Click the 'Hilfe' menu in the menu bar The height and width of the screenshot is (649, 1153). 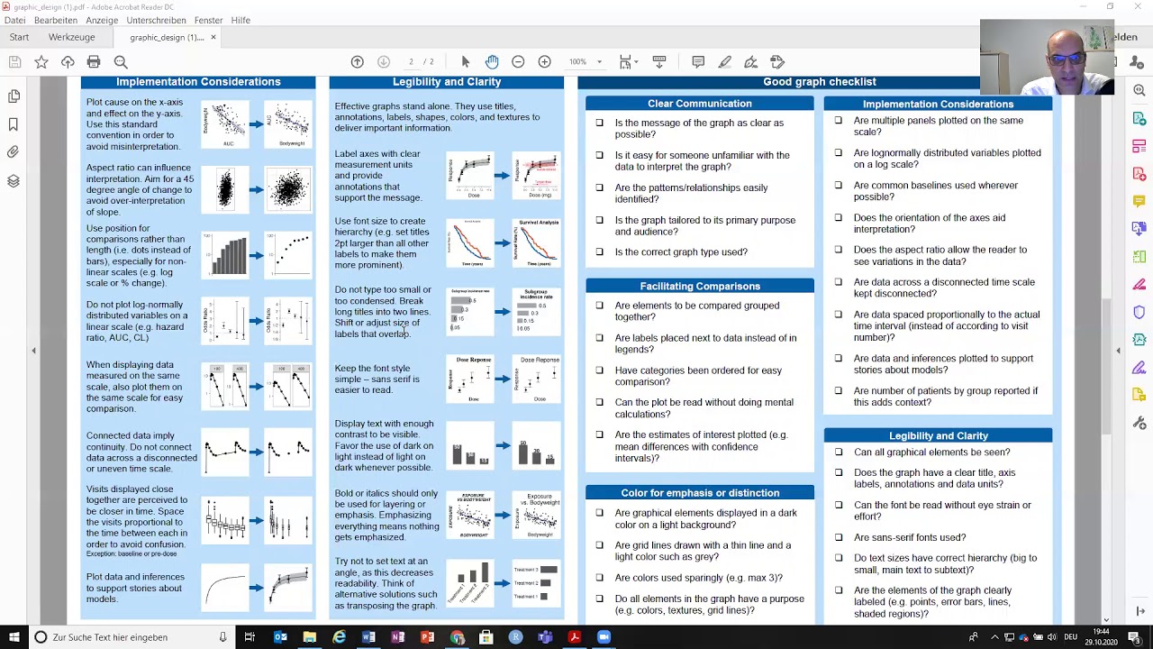pos(241,20)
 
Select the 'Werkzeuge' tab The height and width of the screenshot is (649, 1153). pos(71,37)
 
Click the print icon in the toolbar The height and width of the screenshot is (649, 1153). pos(94,61)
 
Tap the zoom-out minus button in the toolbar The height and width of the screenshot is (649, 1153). pos(518,61)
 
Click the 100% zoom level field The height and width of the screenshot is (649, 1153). pos(578,61)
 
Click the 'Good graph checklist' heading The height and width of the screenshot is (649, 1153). pos(819,82)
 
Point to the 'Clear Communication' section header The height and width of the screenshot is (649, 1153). pos(699,104)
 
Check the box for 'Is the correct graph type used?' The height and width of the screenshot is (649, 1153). pos(599,252)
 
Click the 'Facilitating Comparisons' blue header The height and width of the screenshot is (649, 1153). pos(699,286)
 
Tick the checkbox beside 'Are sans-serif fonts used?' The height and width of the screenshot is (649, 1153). pos(839,537)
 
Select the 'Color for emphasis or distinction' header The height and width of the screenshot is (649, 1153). pos(699,493)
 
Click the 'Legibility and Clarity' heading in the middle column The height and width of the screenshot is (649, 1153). pos(446,82)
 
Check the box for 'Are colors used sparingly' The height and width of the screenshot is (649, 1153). pos(599,578)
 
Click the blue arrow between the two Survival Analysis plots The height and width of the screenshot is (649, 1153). pos(503,242)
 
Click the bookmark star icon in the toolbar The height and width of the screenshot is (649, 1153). pos(41,61)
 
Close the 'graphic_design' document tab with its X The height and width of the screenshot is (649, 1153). pos(213,37)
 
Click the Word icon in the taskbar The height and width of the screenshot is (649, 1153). pos(368,637)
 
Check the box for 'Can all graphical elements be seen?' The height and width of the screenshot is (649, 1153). pos(839,452)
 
